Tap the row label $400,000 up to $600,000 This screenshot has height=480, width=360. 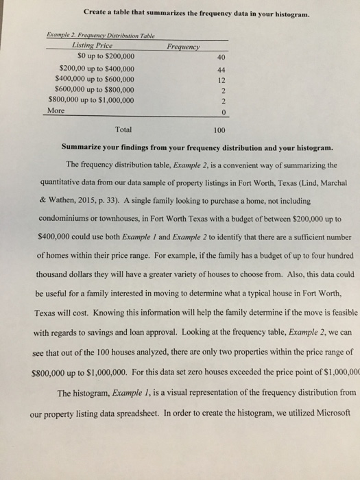pyautogui.click(x=93, y=79)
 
